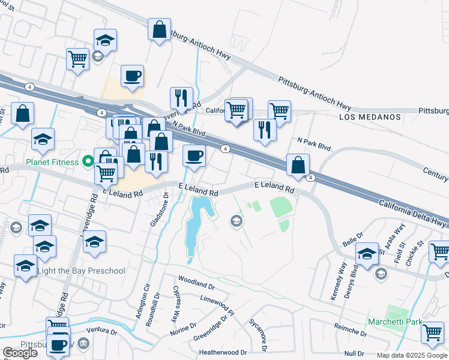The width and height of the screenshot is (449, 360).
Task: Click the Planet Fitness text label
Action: (x=52, y=162)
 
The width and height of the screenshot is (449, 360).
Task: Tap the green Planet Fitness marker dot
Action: (x=88, y=161)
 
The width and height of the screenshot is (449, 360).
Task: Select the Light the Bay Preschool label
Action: (x=81, y=271)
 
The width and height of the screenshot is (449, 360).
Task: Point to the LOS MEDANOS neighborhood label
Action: (x=370, y=117)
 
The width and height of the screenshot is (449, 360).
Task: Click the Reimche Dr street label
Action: (x=351, y=328)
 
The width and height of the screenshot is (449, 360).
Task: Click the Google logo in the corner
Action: (x=20, y=353)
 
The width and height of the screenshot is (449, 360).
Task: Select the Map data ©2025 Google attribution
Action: (x=412, y=355)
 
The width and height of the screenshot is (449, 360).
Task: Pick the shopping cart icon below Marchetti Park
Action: (x=432, y=333)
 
